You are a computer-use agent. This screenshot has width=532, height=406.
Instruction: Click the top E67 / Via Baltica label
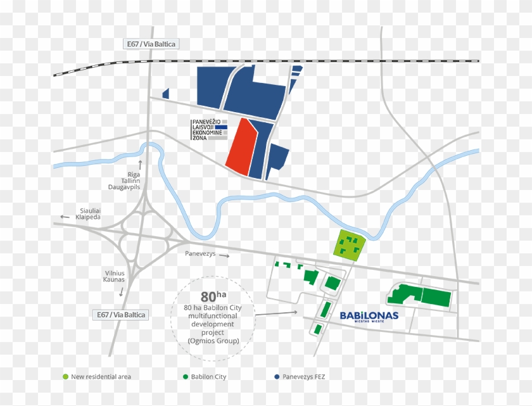point(150,44)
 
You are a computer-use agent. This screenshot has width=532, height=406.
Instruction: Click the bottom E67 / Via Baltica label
point(120,315)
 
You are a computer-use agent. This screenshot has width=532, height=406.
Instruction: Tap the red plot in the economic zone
point(241,147)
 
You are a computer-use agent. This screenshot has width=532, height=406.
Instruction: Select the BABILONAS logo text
point(369,315)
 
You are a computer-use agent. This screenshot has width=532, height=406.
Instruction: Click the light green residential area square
point(349,245)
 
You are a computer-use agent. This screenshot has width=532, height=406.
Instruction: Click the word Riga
point(134,174)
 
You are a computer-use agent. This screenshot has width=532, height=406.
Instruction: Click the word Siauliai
point(88,210)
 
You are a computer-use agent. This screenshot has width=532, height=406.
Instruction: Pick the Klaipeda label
point(88,217)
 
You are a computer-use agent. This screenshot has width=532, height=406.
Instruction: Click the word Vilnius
point(114,273)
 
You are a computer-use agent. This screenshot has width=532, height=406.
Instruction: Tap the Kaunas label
point(114,280)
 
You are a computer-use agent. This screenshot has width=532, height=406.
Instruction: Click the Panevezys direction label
point(200,254)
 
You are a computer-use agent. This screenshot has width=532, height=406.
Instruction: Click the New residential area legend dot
point(65,377)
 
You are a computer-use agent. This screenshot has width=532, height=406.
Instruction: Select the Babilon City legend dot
point(185,377)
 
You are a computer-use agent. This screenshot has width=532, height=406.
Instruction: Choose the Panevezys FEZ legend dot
point(277,377)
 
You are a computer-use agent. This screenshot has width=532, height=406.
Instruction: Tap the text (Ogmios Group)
point(213,341)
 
